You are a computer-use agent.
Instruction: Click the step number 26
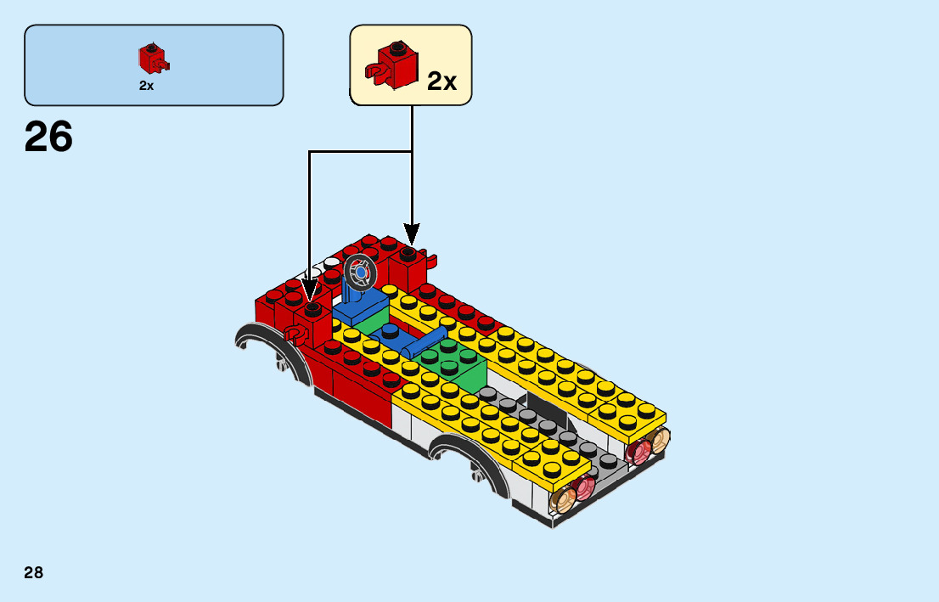49,137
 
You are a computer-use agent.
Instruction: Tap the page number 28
34,572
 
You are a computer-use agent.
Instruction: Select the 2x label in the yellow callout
441,82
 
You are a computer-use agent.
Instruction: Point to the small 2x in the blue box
146,86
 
